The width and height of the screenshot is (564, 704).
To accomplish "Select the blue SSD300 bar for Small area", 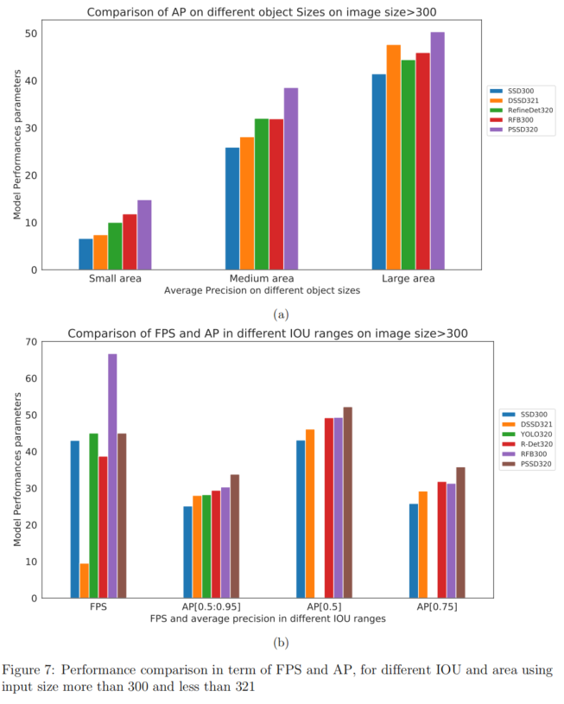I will pyautogui.click(x=86, y=254).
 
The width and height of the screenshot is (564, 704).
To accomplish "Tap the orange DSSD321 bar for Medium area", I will pyautogui.click(x=247, y=204).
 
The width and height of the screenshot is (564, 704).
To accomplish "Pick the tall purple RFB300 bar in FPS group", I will pyautogui.click(x=112, y=476).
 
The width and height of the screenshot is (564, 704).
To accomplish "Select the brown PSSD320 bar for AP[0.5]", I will pyautogui.click(x=348, y=503).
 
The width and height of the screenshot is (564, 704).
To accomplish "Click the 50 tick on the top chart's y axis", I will pyautogui.click(x=33, y=34).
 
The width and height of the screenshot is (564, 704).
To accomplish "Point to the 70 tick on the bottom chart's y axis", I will pyautogui.click(x=33, y=342).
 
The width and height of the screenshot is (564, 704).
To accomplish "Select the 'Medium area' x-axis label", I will pyautogui.click(x=261, y=280).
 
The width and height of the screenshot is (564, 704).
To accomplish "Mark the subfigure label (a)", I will pyautogui.click(x=281, y=314).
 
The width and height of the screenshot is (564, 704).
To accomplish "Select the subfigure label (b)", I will pyautogui.click(x=281, y=642).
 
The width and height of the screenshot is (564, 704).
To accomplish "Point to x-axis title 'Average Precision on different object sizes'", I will pyautogui.click(x=262, y=292).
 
